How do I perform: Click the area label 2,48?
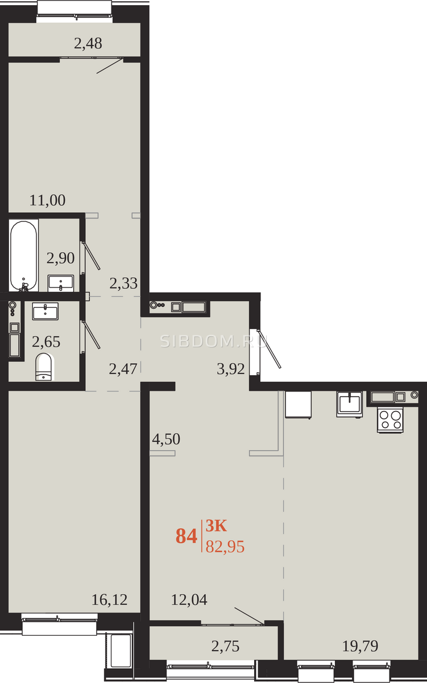pyautogui.click(x=88, y=43)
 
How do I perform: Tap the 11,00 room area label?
pyautogui.click(x=47, y=200)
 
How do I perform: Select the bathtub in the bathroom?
pyautogui.click(x=23, y=256)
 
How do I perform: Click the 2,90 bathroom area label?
pyautogui.click(x=60, y=258)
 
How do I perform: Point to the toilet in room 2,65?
pyautogui.click(x=44, y=367)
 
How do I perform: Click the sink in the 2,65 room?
pyautogui.click(x=45, y=311)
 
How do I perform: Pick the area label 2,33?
pyautogui.click(x=123, y=283)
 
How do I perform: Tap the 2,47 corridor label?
pyautogui.click(x=123, y=369)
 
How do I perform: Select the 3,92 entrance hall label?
pyautogui.click(x=230, y=369)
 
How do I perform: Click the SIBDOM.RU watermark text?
pyautogui.click(x=214, y=341)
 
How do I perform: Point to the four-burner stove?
pyautogui.click(x=390, y=420)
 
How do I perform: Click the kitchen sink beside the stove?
pyautogui.click(x=349, y=404)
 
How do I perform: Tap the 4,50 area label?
pyautogui.click(x=166, y=439)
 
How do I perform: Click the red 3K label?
pyautogui.click(x=216, y=526)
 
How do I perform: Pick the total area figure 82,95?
pyautogui.click(x=225, y=546)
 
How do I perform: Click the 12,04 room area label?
pyautogui.click(x=189, y=600)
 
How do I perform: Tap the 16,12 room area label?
pyautogui.click(x=109, y=600)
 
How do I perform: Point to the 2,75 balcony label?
pyautogui.click(x=225, y=646)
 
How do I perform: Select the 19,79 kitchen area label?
pyautogui.click(x=360, y=646)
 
